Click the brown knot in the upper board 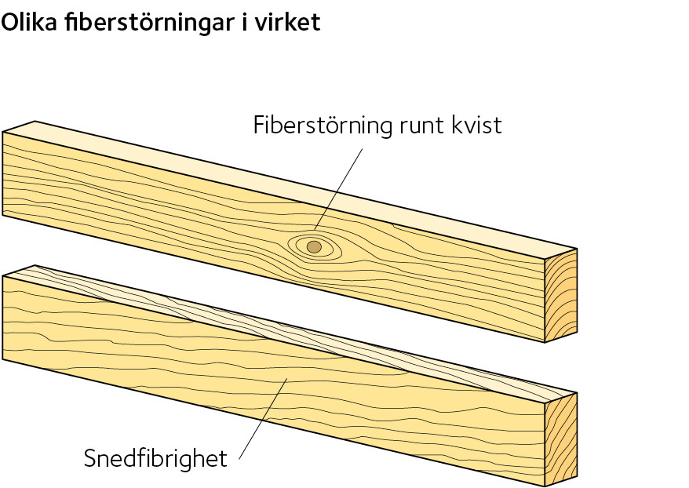tap(314, 246)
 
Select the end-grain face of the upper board tap(561, 296)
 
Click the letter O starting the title tap(10, 22)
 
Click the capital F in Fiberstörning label tap(259, 126)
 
